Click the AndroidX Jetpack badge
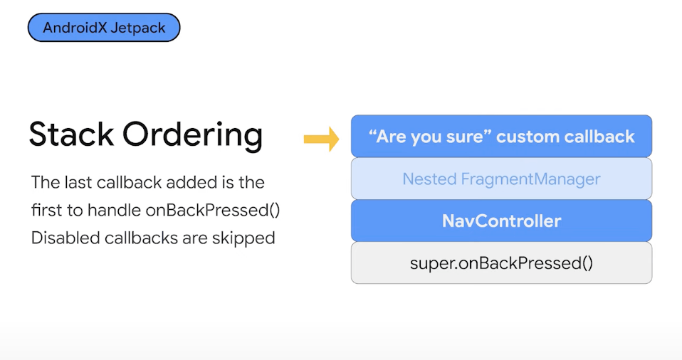coord(104,27)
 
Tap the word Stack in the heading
coord(71,134)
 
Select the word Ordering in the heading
coord(193,136)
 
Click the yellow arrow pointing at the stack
coord(322,139)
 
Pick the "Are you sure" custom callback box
coord(501,136)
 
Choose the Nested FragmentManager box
coord(501,179)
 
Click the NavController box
coord(501,221)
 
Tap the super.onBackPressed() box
coord(501,263)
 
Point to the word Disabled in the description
coord(65,238)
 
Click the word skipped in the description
coord(243,239)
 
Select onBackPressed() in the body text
coord(213,211)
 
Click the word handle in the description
coord(113,210)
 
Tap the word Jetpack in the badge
coord(138,28)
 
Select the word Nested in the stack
coord(429,179)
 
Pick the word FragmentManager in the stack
coord(530,179)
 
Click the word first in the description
coord(46,210)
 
